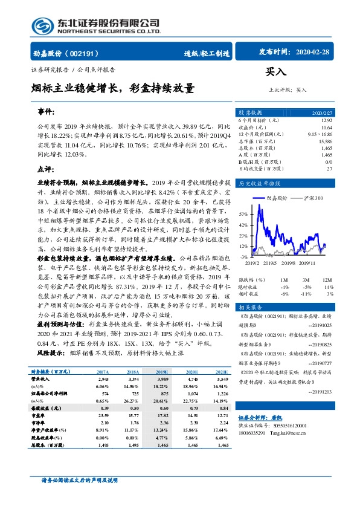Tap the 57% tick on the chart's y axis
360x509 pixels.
click(x=243, y=214)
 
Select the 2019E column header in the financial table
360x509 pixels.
click(x=161, y=373)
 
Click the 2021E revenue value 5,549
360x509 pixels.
click(x=221, y=378)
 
